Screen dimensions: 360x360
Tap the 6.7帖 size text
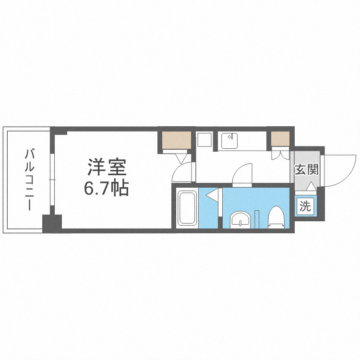tap(107, 189)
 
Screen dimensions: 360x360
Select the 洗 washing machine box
tap(305, 207)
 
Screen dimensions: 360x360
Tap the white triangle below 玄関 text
tap(311, 187)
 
